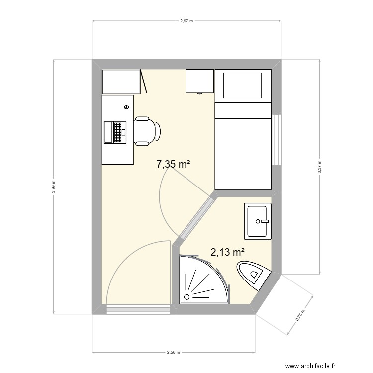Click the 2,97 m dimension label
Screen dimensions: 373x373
186,21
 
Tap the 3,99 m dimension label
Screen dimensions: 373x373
54,186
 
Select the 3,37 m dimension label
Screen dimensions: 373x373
319,167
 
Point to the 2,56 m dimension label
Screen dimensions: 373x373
173,352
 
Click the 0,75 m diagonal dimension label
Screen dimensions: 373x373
300,315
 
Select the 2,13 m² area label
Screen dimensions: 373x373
227,252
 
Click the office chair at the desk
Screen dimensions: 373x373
147,131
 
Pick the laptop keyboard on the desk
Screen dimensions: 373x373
117,132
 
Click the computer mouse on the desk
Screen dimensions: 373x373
126,107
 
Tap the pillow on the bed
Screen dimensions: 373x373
242,86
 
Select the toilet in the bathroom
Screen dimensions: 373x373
254,276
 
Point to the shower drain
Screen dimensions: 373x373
186,297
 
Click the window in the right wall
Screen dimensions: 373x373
277,140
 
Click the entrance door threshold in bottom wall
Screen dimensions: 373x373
138,309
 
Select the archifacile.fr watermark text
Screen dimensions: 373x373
310,366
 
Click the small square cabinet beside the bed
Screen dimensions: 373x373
200,81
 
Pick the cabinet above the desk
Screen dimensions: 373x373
121,82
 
